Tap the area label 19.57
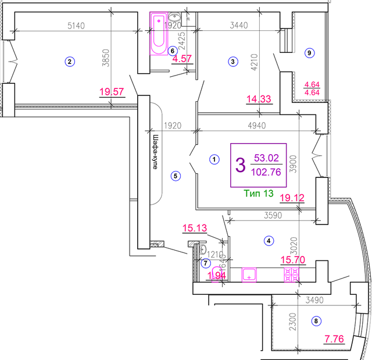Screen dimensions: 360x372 pyautogui.click(x=112, y=91)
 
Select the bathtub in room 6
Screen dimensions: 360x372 pyautogui.click(x=158, y=35)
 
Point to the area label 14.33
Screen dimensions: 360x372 pyautogui.click(x=259, y=99)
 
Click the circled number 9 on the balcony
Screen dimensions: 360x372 pyautogui.click(x=309, y=53)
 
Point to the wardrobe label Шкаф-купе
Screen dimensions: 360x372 pyautogui.click(x=155, y=152)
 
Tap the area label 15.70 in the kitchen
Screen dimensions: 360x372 pyautogui.click(x=294, y=261)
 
